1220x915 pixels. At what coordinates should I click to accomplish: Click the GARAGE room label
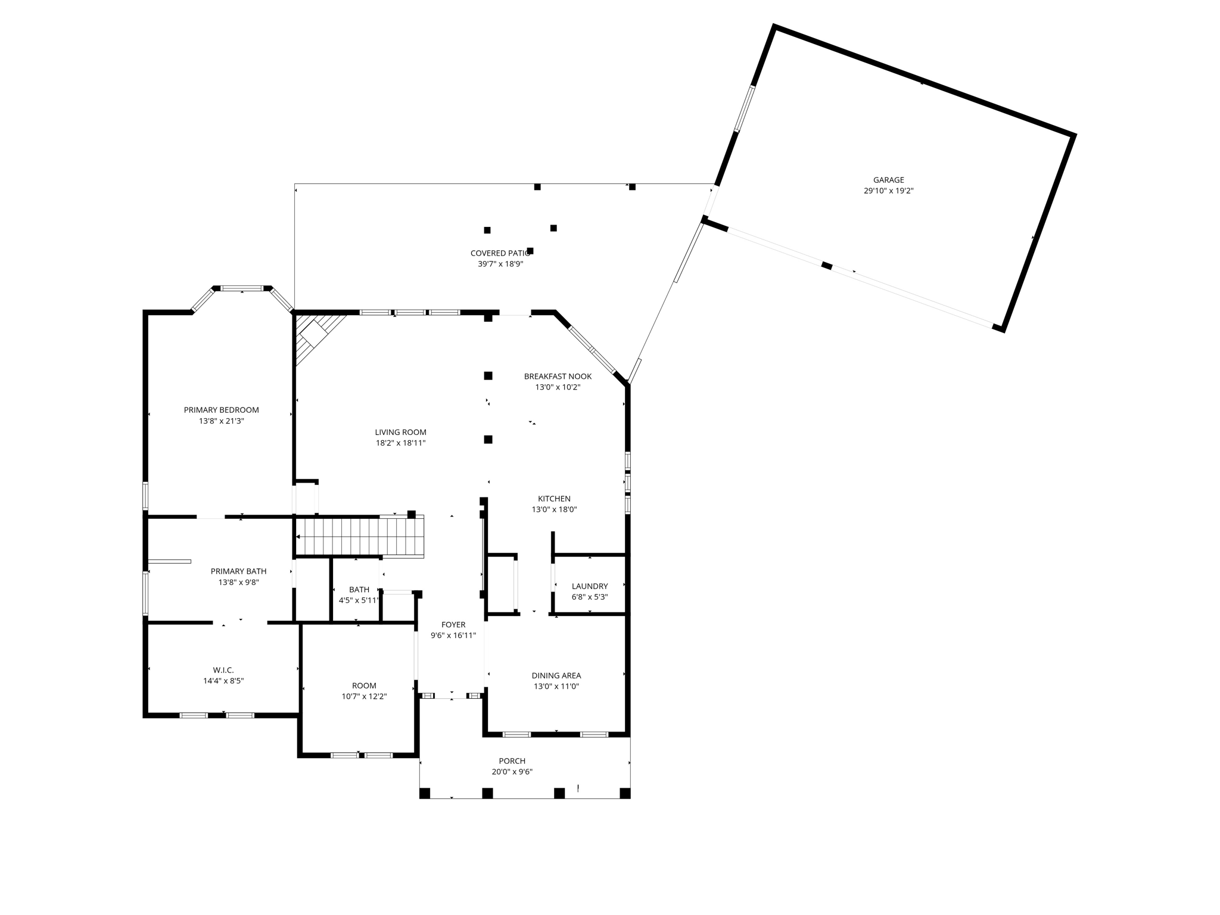(888, 180)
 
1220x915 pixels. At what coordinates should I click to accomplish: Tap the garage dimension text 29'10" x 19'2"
(888, 191)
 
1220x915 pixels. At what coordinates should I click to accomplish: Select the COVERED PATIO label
(500, 253)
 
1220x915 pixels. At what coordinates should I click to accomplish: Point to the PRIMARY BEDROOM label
(221, 410)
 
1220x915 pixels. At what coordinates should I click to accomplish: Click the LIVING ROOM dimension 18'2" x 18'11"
(400, 443)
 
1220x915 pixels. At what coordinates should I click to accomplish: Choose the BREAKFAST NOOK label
(558, 376)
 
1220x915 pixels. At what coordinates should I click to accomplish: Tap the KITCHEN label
(554, 499)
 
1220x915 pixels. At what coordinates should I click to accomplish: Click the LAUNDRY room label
(589, 586)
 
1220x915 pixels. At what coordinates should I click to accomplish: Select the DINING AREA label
(556, 676)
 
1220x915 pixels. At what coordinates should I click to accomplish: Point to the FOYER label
(453, 625)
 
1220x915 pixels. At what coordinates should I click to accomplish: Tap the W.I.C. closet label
(223, 670)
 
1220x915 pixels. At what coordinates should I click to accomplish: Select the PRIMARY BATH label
(238, 571)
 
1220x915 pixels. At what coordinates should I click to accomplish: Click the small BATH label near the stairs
(359, 590)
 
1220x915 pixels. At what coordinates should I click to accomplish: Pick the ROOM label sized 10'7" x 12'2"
(364, 686)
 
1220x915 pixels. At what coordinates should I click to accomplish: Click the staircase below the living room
(360, 536)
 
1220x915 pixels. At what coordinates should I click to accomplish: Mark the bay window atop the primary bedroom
(242, 289)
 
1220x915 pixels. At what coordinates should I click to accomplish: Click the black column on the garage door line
(826, 265)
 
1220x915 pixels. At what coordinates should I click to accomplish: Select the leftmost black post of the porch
(425, 793)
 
